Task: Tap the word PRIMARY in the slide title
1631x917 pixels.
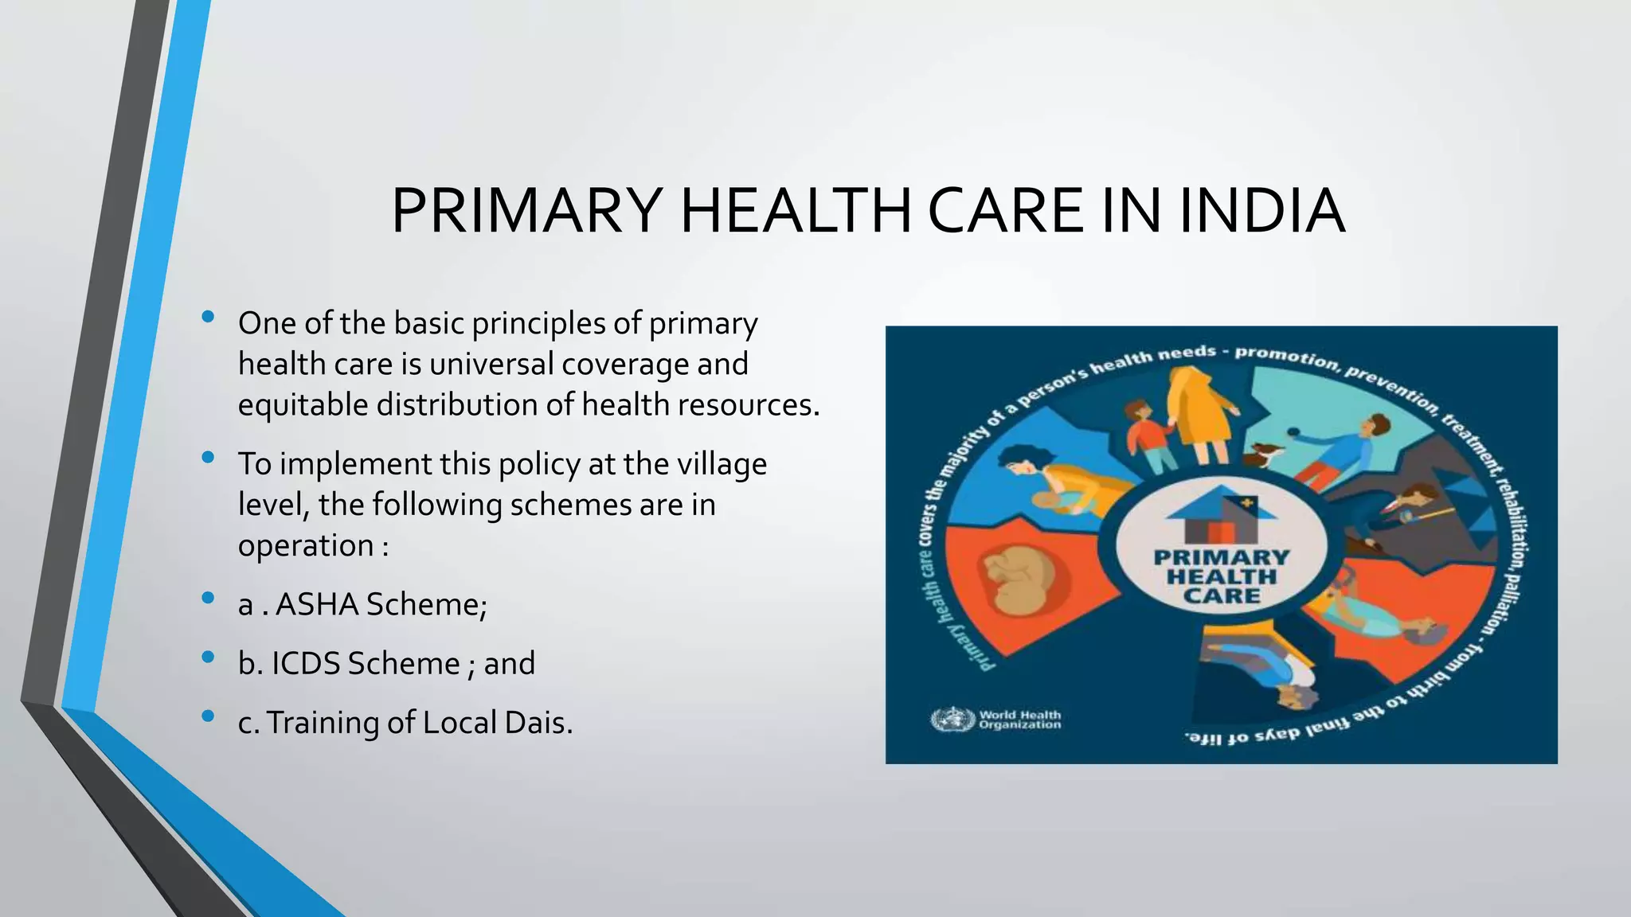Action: coord(526,211)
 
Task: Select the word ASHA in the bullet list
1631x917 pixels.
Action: coord(316,605)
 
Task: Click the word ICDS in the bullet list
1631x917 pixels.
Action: coord(305,664)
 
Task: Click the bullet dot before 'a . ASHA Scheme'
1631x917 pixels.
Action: coord(209,598)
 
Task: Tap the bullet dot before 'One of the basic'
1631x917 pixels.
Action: coord(209,317)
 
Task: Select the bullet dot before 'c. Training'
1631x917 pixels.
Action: coord(209,716)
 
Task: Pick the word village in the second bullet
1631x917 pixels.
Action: coord(722,464)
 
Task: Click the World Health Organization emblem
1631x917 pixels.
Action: coord(952,720)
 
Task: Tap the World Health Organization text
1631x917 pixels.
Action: coord(1019,720)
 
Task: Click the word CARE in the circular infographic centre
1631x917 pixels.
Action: coord(1221,596)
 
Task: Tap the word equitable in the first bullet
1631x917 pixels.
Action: coord(303,405)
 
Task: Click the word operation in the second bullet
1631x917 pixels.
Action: coord(306,546)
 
